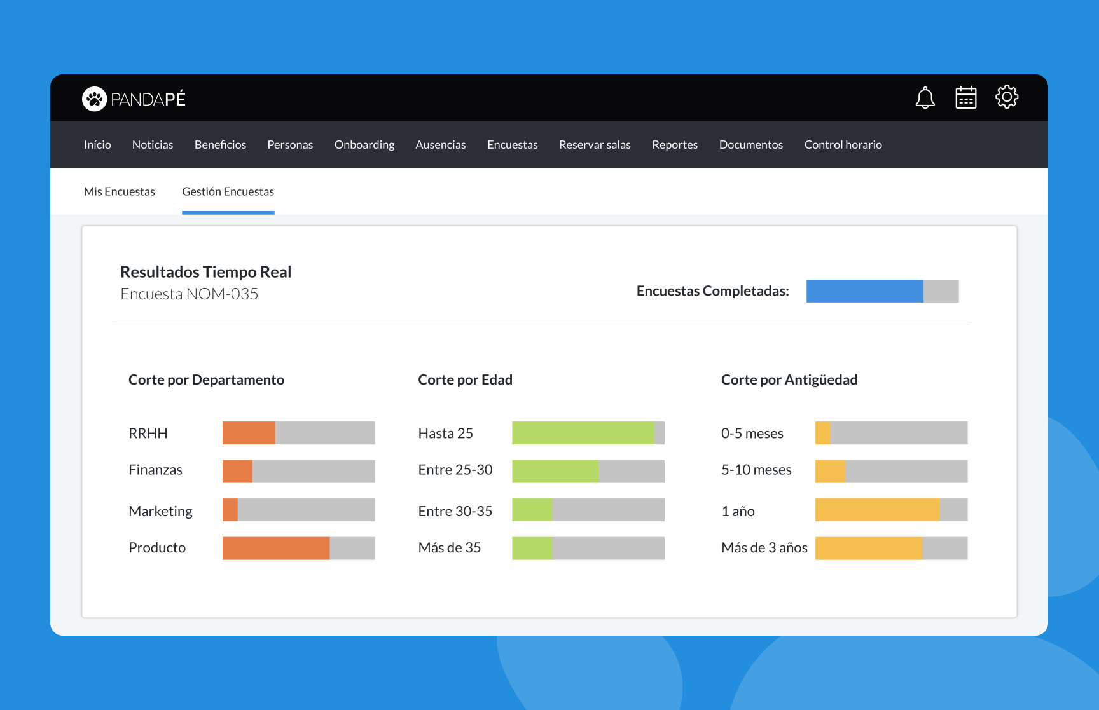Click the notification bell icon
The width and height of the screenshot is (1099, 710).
pos(925,98)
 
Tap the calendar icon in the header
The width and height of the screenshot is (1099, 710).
pos(965,98)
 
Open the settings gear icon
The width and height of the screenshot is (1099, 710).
pos(1007,97)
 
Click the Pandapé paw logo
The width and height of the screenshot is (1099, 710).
pos(94,99)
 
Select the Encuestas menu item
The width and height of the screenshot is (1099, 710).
pos(512,145)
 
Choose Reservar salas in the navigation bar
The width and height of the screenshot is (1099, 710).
pos(595,145)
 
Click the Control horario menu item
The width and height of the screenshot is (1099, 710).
pos(843,145)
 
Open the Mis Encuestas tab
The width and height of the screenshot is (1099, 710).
pos(119,191)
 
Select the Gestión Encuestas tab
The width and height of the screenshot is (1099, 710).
pos(228,191)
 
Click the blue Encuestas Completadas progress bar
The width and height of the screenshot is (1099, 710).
pos(864,291)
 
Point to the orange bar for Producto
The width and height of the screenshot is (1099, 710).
pos(276,548)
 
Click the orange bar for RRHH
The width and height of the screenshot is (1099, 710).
pos(249,433)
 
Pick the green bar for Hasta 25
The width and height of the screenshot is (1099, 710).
pos(583,433)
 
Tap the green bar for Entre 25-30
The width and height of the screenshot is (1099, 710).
pos(555,471)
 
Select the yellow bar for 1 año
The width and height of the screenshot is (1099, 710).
pos(877,510)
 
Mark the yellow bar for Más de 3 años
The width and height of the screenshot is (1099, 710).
pos(868,548)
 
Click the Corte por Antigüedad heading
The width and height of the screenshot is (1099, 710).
pos(789,379)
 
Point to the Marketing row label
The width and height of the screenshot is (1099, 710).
pos(160,511)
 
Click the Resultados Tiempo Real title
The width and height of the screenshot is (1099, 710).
pos(205,272)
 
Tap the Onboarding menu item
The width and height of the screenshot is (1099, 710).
pos(364,145)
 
